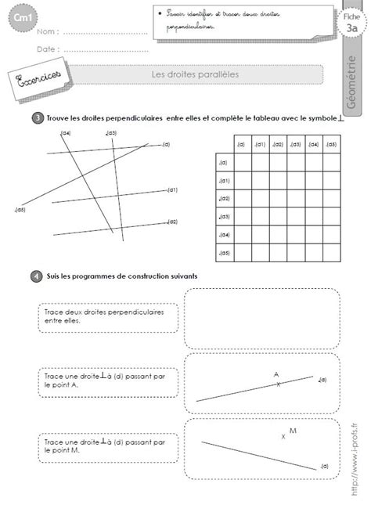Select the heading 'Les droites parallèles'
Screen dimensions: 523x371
195,74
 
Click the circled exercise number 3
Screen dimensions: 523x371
37,118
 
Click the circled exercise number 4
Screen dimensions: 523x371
37,276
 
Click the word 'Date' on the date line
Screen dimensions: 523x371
48,49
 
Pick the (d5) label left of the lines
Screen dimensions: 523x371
21,209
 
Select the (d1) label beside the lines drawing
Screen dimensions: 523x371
172,189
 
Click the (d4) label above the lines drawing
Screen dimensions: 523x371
66,134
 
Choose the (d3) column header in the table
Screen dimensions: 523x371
295,144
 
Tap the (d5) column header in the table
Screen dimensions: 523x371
331,144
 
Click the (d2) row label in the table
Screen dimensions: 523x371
224,199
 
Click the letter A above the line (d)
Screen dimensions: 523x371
276,374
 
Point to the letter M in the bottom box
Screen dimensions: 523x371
293,431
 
